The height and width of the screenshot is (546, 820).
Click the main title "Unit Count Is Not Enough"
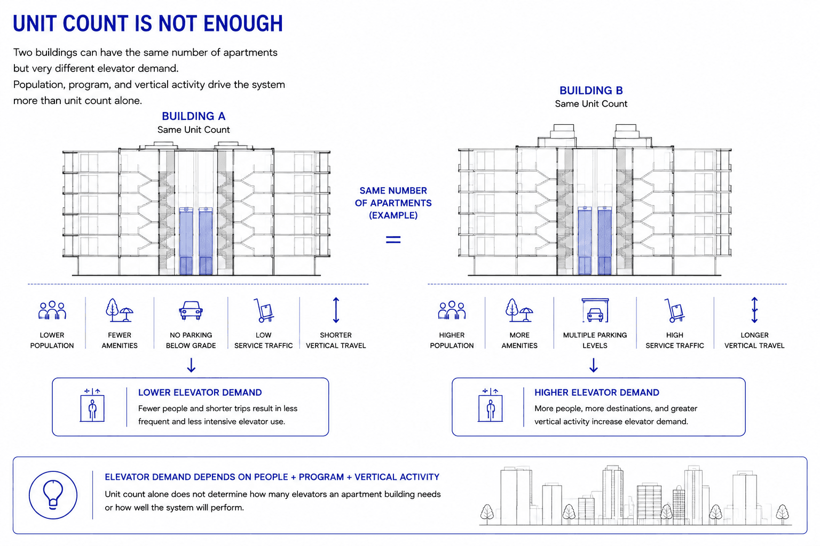coord(148,23)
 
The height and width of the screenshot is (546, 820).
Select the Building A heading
coord(194,116)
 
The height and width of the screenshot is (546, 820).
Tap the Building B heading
coord(591,90)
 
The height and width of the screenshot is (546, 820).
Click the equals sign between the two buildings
coord(393,239)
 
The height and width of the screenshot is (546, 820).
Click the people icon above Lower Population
coord(52,310)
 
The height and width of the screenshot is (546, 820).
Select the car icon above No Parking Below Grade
coord(191,310)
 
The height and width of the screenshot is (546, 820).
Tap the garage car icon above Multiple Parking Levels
coord(595,310)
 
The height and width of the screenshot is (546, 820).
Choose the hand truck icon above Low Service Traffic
coord(264,310)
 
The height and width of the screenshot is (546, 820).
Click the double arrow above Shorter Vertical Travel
coord(336,310)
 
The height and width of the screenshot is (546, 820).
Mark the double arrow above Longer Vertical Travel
coord(754,310)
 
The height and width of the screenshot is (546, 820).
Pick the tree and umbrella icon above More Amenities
coord(519,310)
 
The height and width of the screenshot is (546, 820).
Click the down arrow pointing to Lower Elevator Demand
coord(191,365)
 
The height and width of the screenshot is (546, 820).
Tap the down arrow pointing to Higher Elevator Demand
coord(594,365)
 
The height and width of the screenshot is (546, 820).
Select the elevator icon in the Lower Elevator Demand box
coord(92,406)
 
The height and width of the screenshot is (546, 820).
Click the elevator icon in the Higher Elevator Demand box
coord(490,406)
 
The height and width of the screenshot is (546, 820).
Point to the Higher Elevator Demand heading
coord(597,392)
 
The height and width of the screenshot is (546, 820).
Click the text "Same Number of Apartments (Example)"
coord(393,203)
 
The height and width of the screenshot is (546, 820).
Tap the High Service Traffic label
coord(675,340)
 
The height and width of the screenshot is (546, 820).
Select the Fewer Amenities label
coord(120,340)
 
